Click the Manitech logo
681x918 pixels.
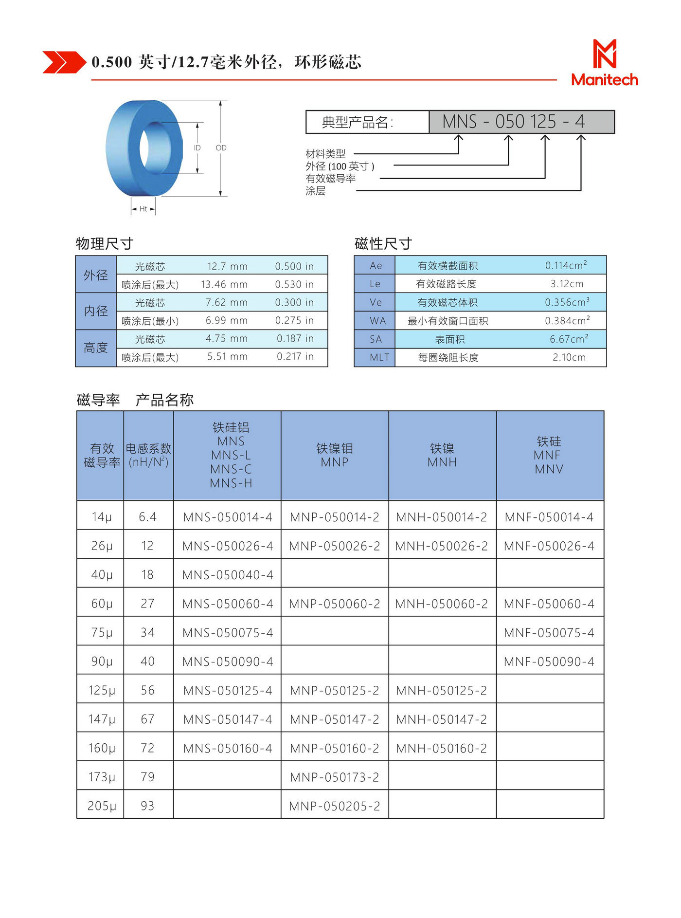604,63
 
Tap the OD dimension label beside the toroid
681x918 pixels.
221,147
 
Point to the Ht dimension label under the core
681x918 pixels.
143,209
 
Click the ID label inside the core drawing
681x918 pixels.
197,147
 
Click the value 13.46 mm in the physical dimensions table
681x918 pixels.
224,284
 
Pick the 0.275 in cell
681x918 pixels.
294,320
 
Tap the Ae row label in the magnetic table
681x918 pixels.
376,265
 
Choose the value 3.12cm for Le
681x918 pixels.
567,284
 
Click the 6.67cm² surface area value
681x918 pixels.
569,339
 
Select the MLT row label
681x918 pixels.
379,357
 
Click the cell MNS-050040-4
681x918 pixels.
228,575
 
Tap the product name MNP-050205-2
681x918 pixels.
335,806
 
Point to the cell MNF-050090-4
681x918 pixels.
549,661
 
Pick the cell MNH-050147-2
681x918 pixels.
442,719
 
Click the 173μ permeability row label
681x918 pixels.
102,777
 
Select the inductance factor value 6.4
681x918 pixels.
147,517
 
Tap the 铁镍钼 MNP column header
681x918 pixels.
335,455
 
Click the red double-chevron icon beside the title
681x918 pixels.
64,62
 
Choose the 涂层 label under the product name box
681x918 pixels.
316,191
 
